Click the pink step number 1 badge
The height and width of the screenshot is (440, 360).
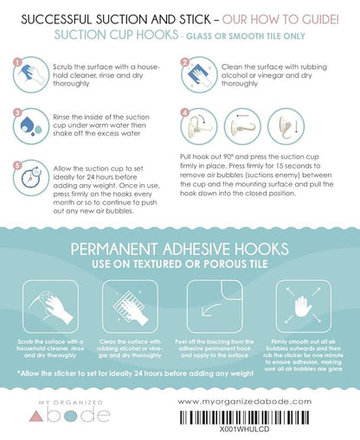click(17, 62)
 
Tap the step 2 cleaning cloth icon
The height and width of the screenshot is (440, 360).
click(199, 74)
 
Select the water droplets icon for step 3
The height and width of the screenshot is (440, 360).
click(31, 126)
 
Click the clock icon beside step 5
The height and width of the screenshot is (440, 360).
click(31, 177)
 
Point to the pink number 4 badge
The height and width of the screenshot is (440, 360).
click(184, 113)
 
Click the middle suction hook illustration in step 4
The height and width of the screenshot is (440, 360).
click(242, 126)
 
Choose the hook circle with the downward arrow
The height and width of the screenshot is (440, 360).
click(286, 126)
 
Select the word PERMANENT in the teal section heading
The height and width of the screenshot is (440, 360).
click(114, 249)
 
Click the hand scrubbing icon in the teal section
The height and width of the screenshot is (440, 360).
click(50, 307)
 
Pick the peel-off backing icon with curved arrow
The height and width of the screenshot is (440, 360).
click(215, 307)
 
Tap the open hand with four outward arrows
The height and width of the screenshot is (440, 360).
click(303, 307)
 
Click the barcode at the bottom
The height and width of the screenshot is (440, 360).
click(245, 418)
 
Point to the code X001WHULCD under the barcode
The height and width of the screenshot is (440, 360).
click(245, 429)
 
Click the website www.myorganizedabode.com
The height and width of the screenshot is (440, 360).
click(244, 402)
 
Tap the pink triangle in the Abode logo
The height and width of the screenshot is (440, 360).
click(36, 417)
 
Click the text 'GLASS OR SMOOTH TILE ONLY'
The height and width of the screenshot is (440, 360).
click(246, 36)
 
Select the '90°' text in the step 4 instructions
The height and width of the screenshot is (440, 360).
click(229, 156)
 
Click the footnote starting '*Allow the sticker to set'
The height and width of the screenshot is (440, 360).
click(135, 373)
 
